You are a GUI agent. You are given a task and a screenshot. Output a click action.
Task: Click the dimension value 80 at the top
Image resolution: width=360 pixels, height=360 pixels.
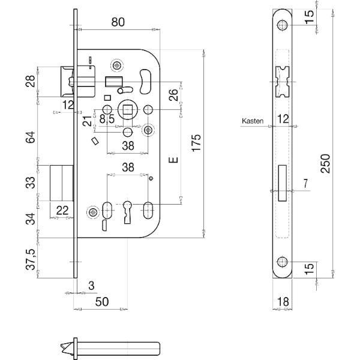point(118,22)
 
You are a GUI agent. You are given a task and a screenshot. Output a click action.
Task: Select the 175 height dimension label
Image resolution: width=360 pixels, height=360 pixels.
point(197,143)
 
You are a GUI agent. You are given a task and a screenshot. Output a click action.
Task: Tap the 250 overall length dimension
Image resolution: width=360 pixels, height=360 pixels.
point(325,163)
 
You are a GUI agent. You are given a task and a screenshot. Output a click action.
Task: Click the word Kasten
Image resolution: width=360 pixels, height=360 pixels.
point(253,121)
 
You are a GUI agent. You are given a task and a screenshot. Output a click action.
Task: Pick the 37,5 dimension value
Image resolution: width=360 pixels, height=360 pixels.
point(31,259)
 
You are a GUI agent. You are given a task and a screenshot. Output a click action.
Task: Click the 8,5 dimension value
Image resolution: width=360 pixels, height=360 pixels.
point(107,119)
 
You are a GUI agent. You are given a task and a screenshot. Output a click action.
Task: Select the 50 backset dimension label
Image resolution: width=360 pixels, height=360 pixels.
point(102,301)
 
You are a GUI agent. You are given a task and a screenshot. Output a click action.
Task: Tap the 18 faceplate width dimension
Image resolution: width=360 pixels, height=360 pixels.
point(283,301)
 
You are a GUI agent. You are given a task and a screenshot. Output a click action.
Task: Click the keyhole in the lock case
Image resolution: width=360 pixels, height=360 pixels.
point(127,212)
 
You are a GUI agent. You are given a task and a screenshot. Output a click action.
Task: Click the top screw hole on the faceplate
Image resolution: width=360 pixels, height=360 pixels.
point(283,25)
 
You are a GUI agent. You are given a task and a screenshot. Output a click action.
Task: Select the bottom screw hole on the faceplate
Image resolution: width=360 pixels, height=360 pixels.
point(283,262)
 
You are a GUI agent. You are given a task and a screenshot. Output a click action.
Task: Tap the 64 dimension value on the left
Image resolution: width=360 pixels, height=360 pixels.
point(31,137)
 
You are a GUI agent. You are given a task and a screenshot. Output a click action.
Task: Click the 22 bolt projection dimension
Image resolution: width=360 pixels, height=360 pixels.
point(62,210)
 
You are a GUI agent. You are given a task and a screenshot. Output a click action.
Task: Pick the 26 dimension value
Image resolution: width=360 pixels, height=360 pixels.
point(173,95)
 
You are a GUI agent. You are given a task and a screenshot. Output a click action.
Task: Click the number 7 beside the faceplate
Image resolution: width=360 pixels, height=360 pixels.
point(305,184)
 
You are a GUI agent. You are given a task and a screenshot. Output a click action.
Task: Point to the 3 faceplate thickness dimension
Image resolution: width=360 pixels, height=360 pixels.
point(91,286)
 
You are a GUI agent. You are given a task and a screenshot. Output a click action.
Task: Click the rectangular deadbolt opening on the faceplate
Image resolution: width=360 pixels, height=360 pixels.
point(282,183)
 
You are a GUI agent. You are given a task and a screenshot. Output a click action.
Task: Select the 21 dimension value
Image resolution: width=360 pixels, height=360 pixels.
point(87,121)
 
